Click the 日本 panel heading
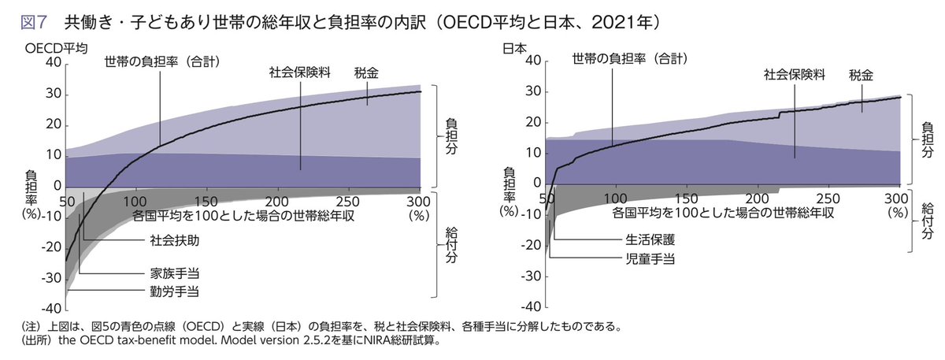click(513, 48)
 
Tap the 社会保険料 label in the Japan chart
click(795, 75)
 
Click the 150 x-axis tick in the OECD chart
click(206, 201)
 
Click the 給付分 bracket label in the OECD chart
click(451, 245)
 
